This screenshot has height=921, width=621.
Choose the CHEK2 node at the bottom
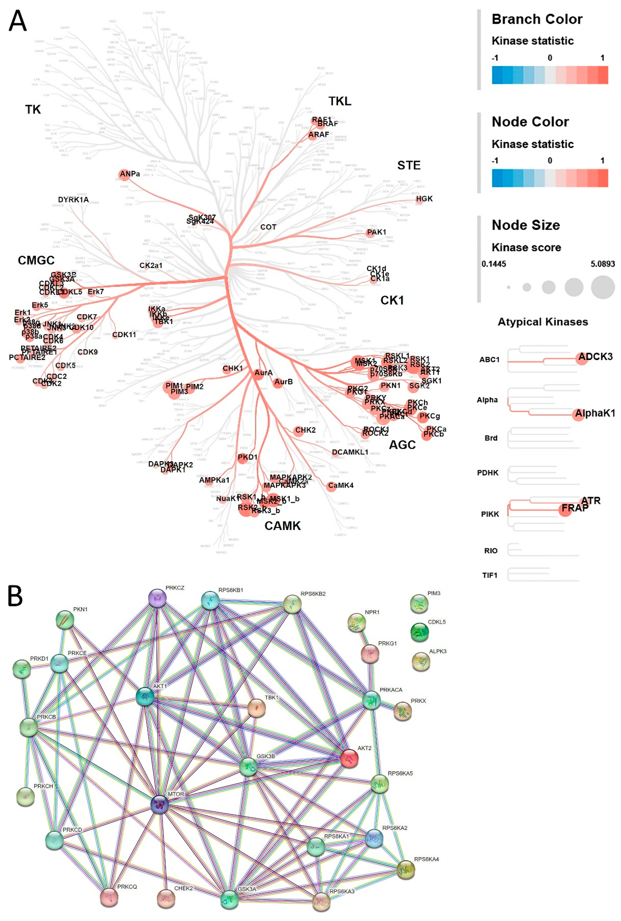pyautogui.click(x=166, y=898)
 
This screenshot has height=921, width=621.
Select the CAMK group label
pyautogui.click(x=282, y=526)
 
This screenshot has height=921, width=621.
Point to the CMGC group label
pyautogui.click(x=36, y=260)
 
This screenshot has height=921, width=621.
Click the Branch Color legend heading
pyautogui.click(x=537, y=19)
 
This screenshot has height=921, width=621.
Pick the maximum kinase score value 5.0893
pyautogui.click(x=602, y=264)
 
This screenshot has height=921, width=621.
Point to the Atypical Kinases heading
pyautogui.click(x=543, y=322)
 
